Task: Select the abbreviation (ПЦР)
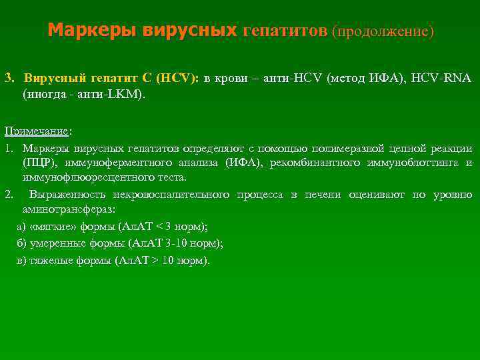point(40,162)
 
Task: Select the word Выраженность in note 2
point(61,194)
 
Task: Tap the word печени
point(323,194)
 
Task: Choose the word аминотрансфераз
point(69,209)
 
